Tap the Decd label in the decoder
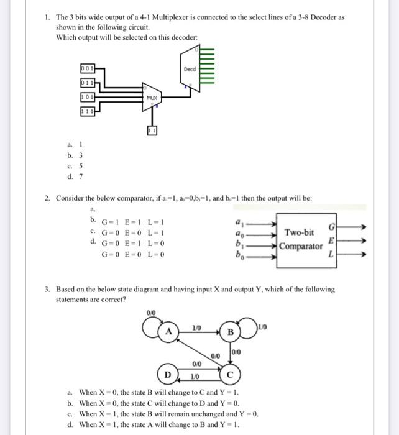point(189,70)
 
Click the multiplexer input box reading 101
point(88,96)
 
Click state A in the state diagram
point(168,331)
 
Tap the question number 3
point(47,290)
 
